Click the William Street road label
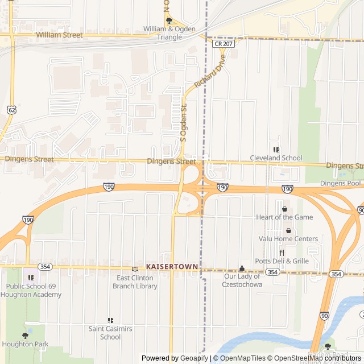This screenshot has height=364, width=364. (59, 35)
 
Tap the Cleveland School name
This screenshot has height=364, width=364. (276, 158)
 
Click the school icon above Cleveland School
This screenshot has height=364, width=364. (276, 150)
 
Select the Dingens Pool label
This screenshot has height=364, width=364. (340, 183)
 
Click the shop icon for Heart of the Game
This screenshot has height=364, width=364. (284, 209)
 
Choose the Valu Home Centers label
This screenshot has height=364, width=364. (288, 239)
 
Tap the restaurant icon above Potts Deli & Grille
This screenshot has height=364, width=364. (282, 253)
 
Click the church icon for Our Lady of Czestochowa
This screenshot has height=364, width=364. (242, 268)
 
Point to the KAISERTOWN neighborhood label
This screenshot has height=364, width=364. (172, 266)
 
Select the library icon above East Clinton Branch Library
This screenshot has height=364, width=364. (135, 268)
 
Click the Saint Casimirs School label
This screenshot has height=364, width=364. (110, 333)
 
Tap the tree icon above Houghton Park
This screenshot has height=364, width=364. (24, 336)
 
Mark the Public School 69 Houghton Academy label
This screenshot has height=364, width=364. (31, 291)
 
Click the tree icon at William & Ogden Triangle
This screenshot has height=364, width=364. (169, 20)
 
